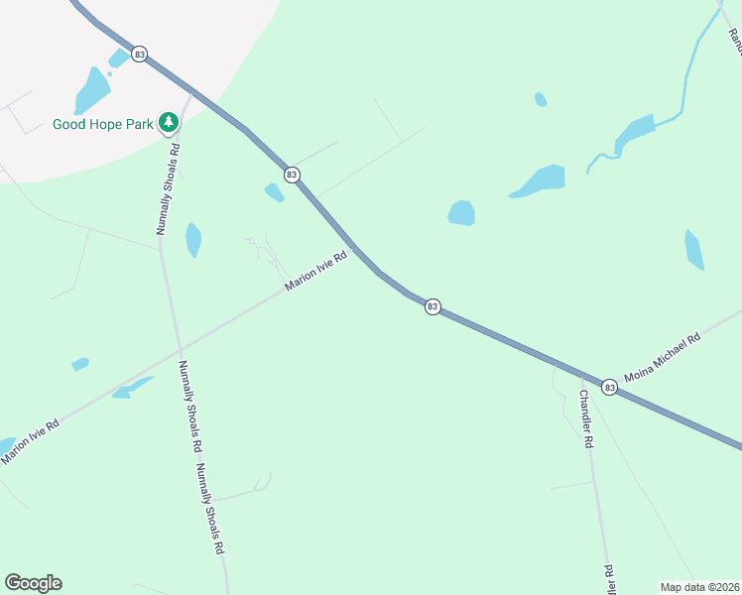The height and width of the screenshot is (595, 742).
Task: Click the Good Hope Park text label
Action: (x=103, y=125)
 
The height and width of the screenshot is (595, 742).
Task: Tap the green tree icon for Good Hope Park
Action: (x=170, y=122)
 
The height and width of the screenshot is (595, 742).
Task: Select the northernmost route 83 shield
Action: (x=139, y=54)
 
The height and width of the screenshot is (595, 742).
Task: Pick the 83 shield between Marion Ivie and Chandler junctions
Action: (x=433, y=306)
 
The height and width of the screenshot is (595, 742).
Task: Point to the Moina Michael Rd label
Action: (x=663, y=358)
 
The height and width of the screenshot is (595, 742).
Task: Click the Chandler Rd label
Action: (x=584, y=418)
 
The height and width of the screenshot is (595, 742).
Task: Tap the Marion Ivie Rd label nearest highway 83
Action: (x=315, y=270)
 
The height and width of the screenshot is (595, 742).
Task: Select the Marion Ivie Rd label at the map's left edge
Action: (x=30, y=441)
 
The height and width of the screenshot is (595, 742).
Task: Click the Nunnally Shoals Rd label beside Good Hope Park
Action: (x=167, y=188)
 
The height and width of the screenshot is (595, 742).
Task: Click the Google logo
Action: (x=33, y=583)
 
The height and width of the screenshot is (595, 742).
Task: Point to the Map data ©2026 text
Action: (x=699, y=587)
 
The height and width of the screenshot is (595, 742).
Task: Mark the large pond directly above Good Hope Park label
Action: (x=92, y=92)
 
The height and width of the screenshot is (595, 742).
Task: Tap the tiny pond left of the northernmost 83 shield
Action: (x=118, y=58)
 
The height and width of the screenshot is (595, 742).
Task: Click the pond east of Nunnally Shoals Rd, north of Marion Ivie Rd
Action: (x=193, y=239)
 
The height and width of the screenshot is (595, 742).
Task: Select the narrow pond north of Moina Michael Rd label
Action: (x=694, y=250)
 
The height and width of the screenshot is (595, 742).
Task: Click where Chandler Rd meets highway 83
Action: (x=581, y=374)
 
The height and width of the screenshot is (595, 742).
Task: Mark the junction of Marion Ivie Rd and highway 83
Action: (x=353, y=247)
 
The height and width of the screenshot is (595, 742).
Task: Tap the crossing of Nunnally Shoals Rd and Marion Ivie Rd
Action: (x=179, y=349)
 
